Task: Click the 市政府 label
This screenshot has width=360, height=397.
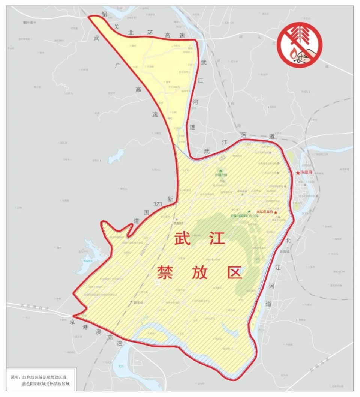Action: (x=307, y=173)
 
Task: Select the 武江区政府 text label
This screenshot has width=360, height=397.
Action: (x=265, y=212)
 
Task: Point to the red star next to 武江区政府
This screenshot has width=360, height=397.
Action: (x=276, y=212)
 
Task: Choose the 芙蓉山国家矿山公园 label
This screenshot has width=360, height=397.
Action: (x=244, y=216)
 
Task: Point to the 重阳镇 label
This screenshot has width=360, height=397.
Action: (x=28, y=23)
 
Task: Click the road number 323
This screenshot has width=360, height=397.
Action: (x=157, y=204)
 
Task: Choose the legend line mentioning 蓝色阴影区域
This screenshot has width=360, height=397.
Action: (x=46, y=384)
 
